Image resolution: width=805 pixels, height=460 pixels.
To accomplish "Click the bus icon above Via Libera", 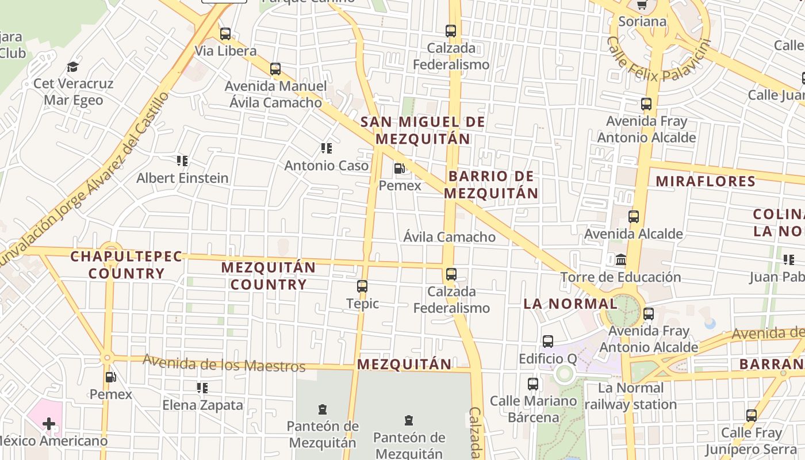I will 225,34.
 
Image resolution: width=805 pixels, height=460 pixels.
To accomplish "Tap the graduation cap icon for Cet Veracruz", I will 72,67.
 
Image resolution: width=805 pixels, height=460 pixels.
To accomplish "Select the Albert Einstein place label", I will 182,178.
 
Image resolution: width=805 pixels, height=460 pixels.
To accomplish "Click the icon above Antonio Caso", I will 327,149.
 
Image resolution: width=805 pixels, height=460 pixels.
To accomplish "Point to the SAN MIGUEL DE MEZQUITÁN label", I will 423,131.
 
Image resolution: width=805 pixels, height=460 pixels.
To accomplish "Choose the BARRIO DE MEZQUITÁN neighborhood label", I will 491,185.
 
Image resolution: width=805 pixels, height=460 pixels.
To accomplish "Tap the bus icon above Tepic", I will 362,286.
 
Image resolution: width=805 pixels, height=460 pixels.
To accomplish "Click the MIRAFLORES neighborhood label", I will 706,182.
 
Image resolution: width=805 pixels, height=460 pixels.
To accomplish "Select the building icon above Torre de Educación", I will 621,260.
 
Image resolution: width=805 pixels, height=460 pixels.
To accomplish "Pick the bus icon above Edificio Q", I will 548,342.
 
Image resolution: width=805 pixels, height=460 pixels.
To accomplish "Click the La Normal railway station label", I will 631,396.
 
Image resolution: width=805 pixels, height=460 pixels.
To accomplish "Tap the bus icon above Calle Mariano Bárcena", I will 533,384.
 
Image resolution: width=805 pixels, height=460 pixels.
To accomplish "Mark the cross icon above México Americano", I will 49,424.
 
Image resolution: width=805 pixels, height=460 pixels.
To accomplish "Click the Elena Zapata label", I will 203,405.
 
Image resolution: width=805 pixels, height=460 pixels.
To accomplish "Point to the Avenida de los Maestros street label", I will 224,363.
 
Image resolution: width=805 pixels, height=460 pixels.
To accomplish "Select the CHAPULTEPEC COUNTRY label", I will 126,264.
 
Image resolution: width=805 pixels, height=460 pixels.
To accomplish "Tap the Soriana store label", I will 642,22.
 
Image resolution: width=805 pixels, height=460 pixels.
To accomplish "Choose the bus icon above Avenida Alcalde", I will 634,217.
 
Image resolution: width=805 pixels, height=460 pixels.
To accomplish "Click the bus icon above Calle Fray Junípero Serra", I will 751,416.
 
